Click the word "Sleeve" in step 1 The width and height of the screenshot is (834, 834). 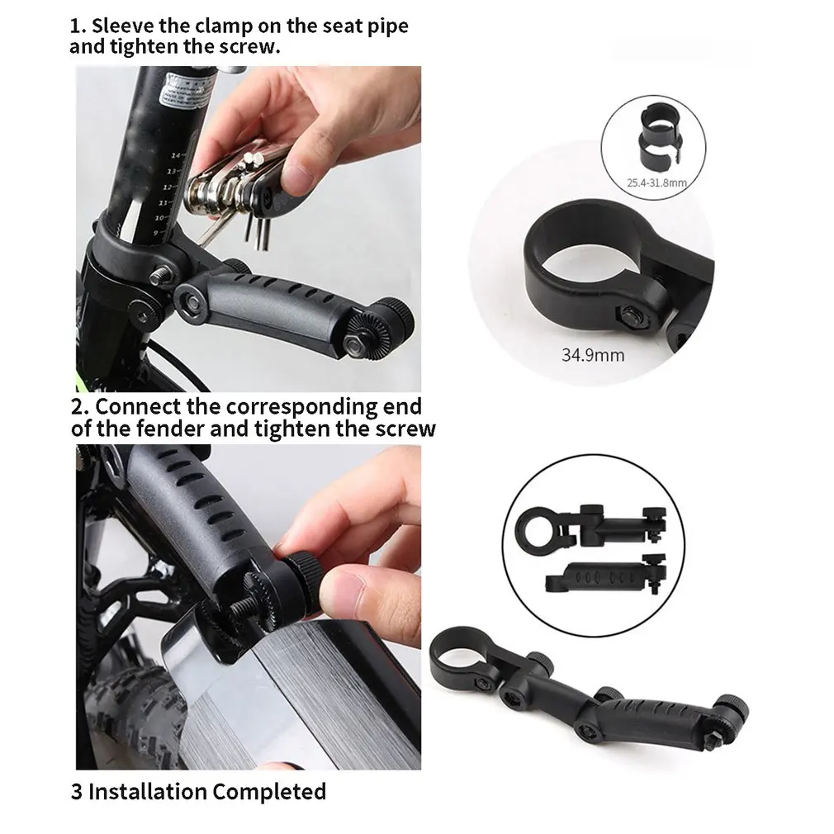coord(123,26)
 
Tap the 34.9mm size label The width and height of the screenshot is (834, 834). coord(593,355)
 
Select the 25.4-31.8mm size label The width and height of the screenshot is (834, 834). coord(657,183)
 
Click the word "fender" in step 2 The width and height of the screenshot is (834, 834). coord(170,429)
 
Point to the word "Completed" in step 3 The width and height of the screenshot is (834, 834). coord(269,791)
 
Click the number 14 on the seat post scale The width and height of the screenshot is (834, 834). coord(176,155)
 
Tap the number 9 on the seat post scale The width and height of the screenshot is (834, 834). coord(156,232)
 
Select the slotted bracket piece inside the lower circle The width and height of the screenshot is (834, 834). coord(607,576)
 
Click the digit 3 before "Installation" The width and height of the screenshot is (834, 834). coord(77,791)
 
